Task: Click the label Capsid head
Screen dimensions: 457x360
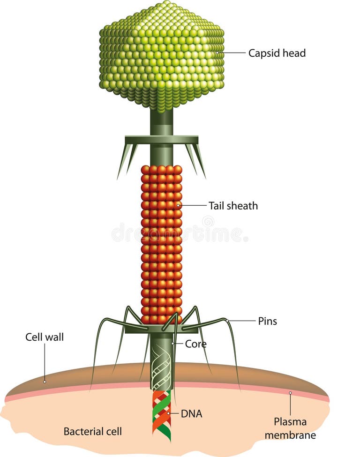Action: (277, 53)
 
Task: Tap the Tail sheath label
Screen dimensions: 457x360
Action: (233, 205)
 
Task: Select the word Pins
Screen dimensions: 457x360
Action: (267, 321)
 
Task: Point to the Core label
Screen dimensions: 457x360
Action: (195, 344)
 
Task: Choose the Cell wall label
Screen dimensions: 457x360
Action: (44, 337)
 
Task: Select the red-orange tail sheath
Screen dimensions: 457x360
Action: (161, 244)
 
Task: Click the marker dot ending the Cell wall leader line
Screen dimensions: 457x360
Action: (45, 381)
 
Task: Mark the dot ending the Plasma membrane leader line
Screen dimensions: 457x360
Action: (290, 393)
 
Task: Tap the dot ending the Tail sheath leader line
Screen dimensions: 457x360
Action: (180, 205)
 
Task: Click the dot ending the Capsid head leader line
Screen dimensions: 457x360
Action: (217, 53)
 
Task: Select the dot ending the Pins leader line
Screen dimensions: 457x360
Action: (227, 321)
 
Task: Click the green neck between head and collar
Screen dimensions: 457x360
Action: (161, 122)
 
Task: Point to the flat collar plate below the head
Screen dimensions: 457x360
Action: (161, 139)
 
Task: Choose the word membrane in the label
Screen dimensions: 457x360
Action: (290, 435)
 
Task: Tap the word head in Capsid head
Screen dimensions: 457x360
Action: (295, 53)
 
